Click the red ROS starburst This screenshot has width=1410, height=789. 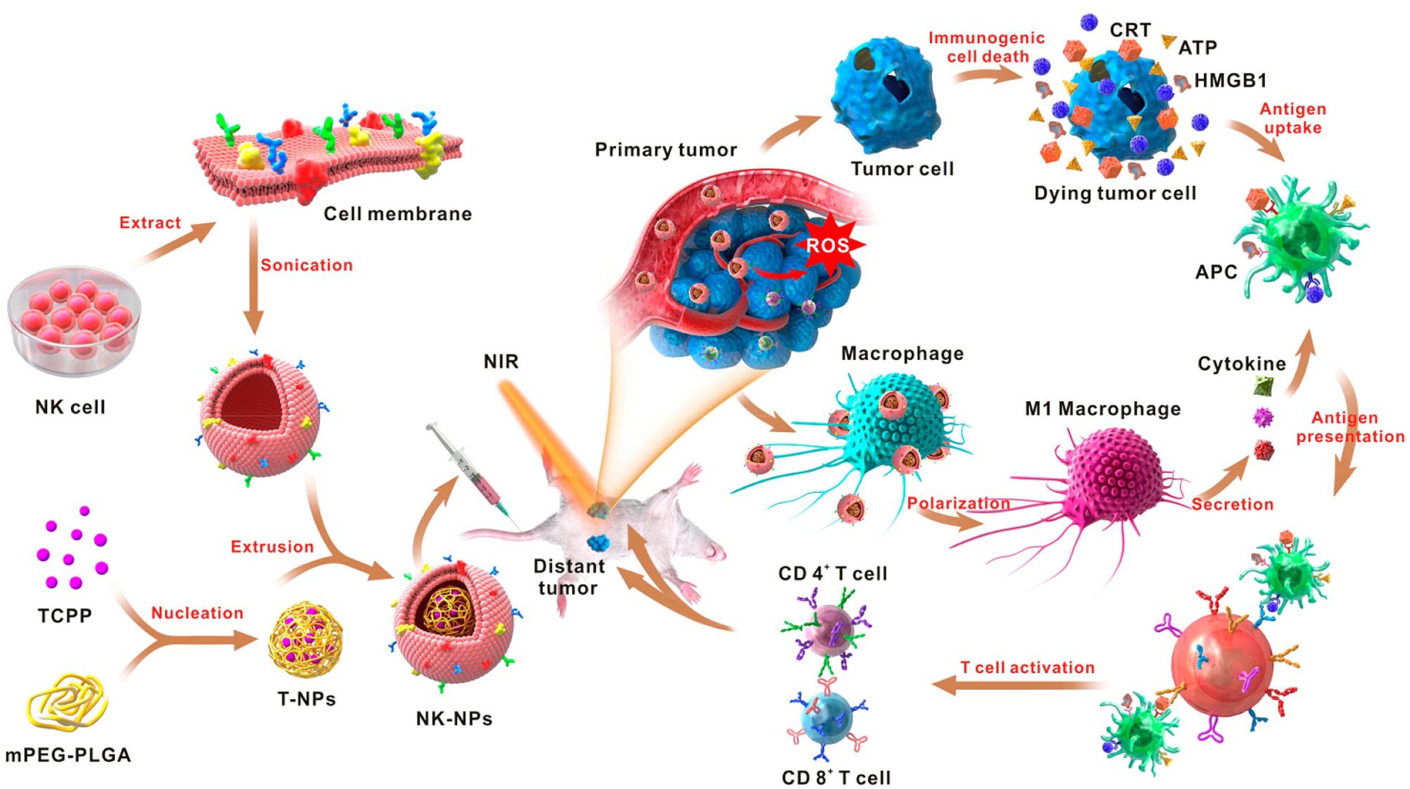tap(828, 245)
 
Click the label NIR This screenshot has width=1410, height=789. tap(501, 362)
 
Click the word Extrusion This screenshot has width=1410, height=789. tap(272, 547)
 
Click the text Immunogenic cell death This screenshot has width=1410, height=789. tap(986, 47)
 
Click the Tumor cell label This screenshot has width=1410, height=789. tap(902, 169)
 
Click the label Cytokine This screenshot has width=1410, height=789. tap(1241, 364)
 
